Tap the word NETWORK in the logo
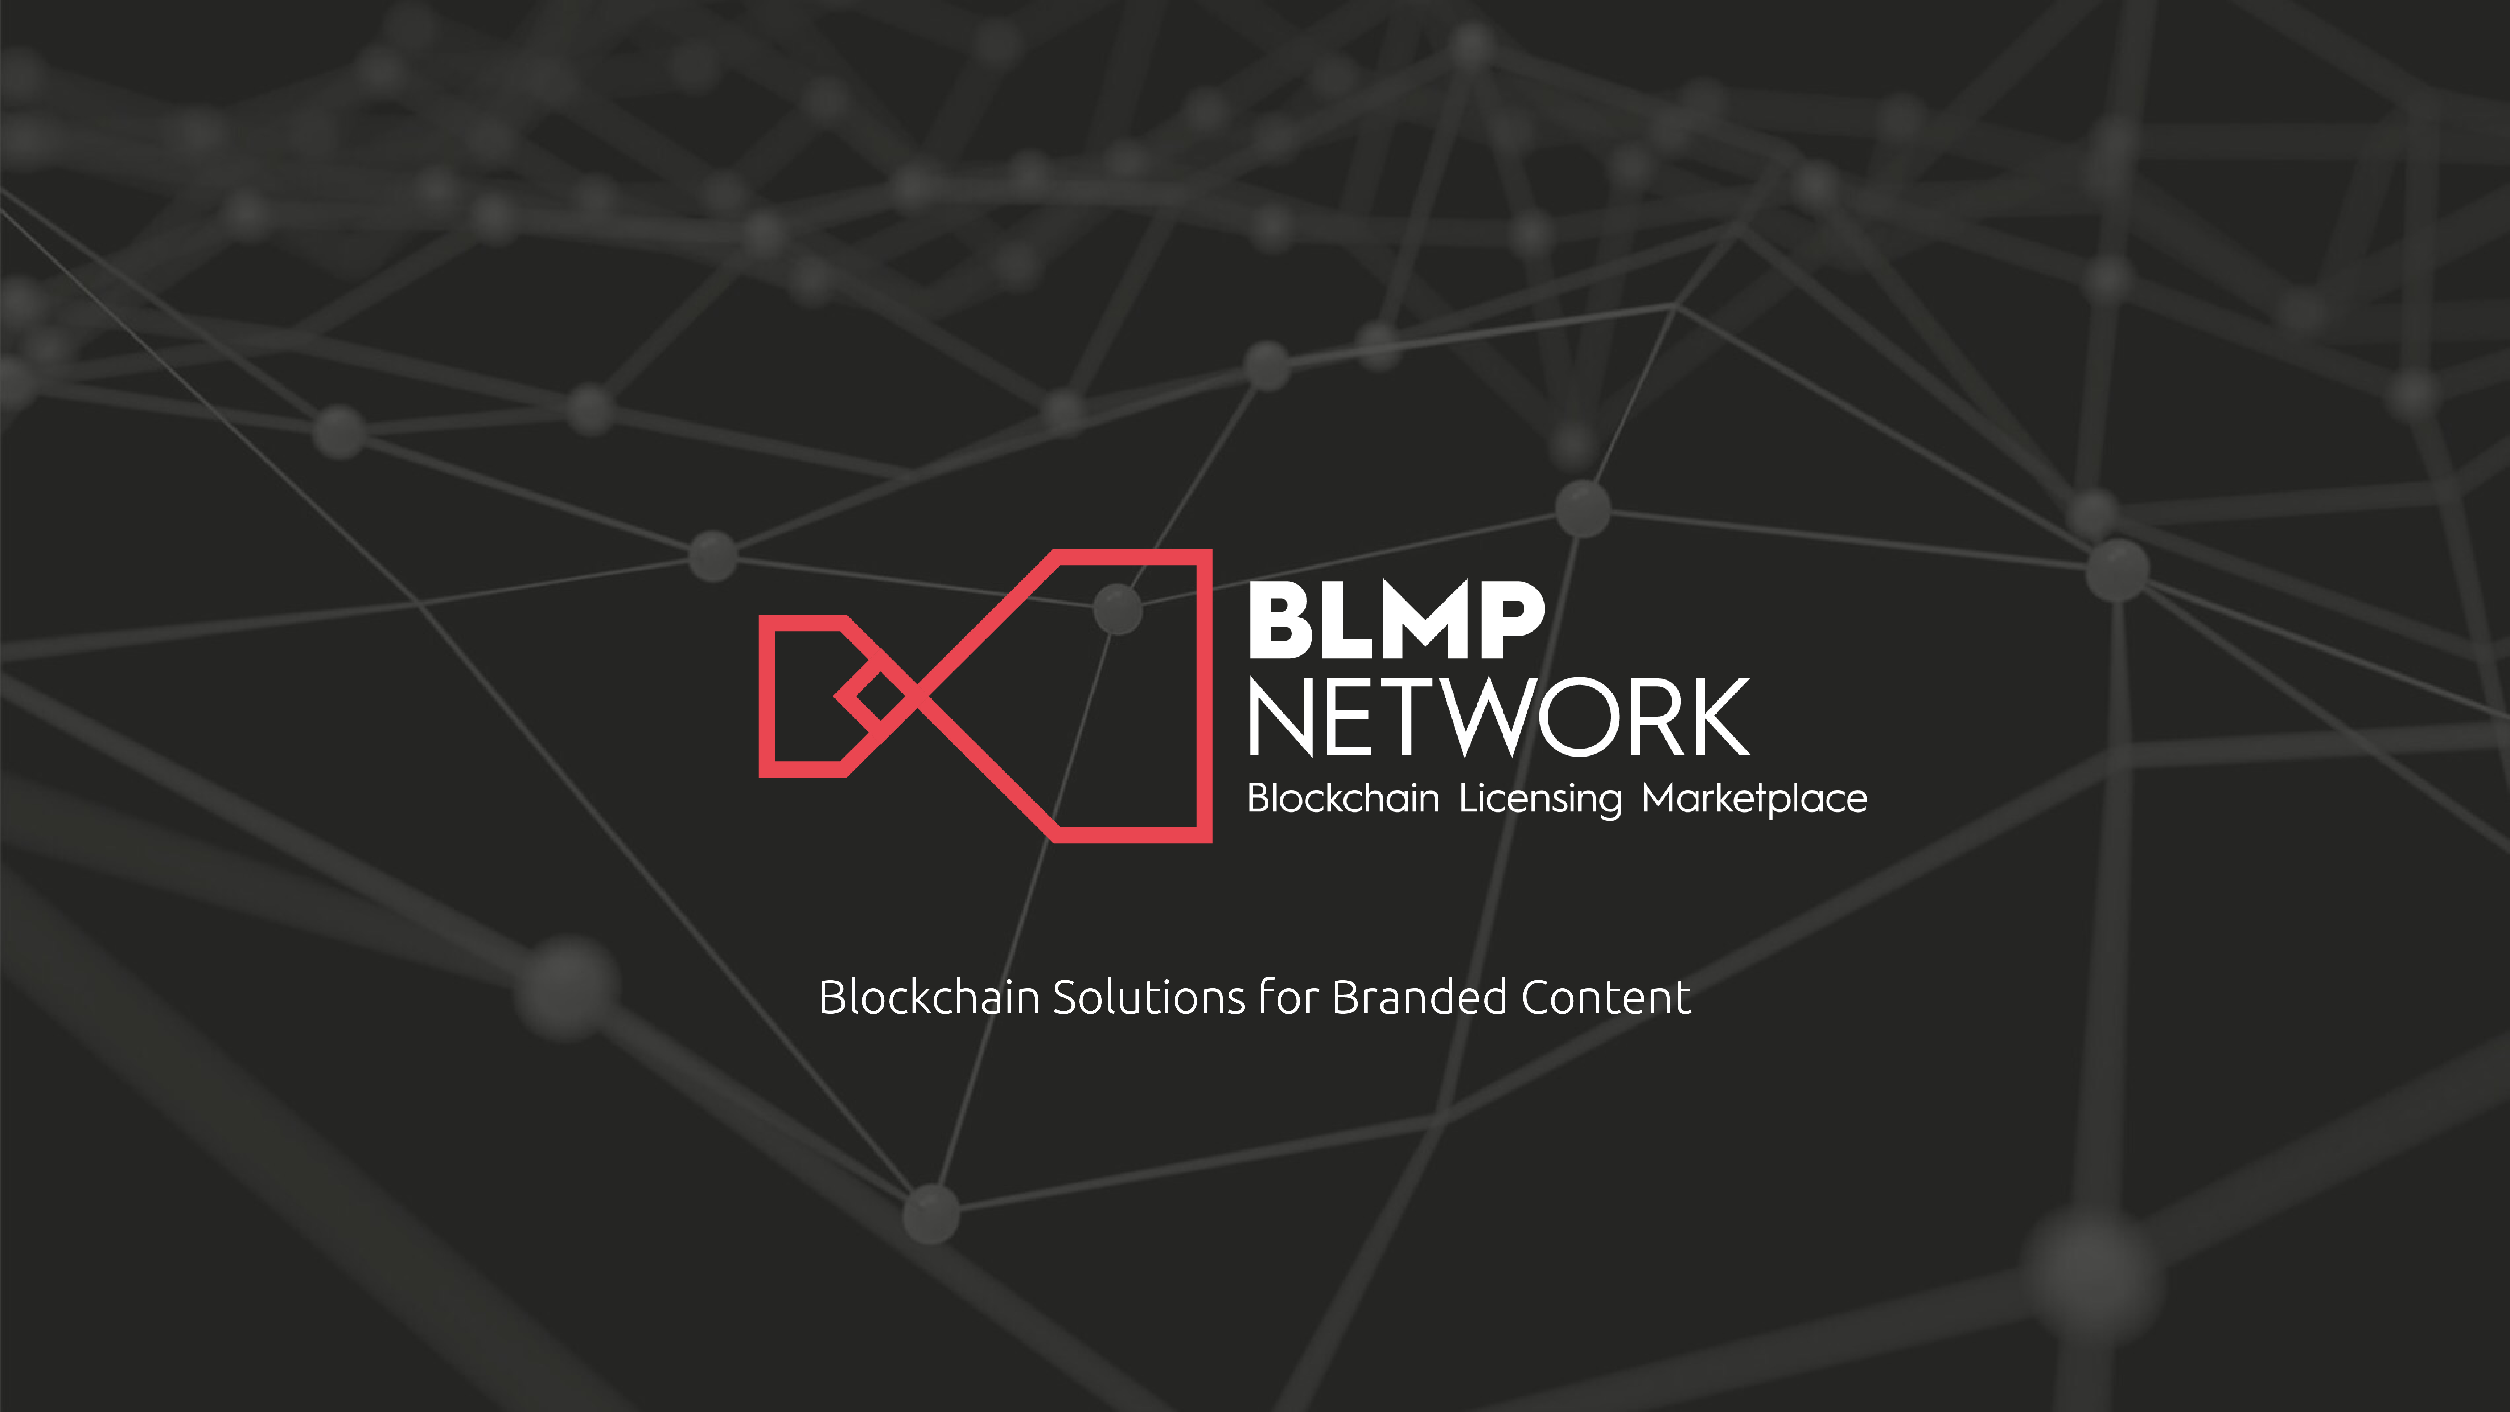(1498, 718)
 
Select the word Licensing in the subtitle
(1540, 799)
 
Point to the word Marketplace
(1754, 799)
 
